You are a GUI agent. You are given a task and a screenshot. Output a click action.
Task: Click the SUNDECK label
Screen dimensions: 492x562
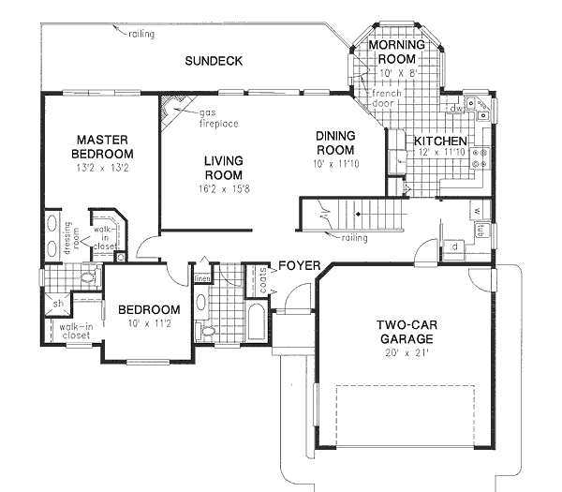(214, 61)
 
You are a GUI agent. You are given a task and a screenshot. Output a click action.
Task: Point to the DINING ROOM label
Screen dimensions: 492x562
(334, 142)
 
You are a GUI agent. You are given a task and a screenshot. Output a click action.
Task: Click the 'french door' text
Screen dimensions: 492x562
(386, 100)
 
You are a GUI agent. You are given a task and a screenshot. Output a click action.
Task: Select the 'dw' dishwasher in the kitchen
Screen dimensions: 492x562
(456, 109)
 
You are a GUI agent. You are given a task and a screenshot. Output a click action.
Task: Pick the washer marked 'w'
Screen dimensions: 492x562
(477, 210)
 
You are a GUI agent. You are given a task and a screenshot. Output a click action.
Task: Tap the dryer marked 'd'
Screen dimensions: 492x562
(453, 246)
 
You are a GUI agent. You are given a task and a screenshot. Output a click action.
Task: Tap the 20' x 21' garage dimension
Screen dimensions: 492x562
(405, 354)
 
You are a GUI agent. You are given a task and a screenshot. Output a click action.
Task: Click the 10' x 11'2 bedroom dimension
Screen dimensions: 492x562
(148, 325)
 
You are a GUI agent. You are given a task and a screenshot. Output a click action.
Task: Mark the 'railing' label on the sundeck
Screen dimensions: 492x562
(141, 34)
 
